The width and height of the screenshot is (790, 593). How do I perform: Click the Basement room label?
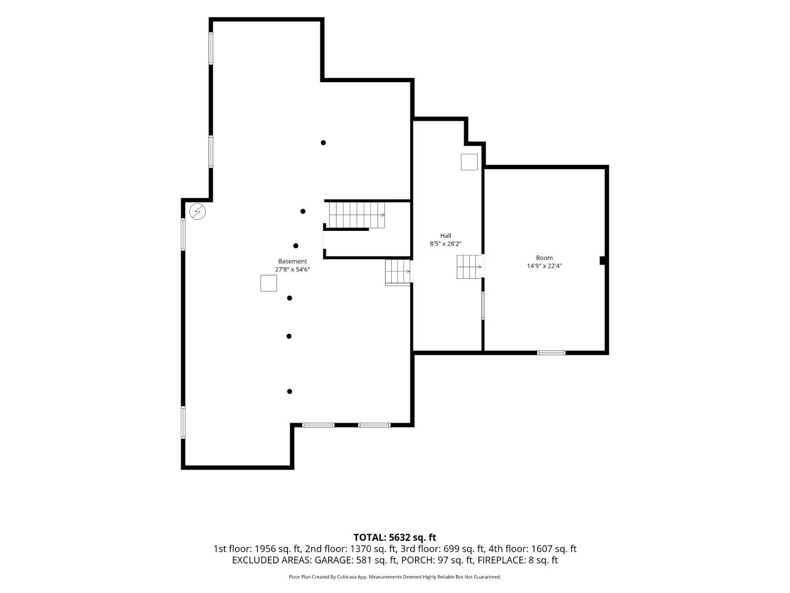pos(292,261)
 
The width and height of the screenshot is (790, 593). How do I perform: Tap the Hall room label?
pos(445,236)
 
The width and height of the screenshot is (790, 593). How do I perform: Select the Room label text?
pos(544,258)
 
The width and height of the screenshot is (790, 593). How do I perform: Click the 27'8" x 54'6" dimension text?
pos(292,269)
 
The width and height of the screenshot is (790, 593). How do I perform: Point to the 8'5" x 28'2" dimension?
pos(445,244)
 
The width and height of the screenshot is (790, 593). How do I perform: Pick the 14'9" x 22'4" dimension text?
pos(544,266)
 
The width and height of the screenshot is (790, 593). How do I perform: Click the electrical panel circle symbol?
pos(197,212)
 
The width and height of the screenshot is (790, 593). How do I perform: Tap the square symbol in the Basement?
pos(269,283)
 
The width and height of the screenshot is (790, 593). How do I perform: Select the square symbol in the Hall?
pos(469,162)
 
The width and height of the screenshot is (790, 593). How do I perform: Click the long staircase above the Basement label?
pos(357,215)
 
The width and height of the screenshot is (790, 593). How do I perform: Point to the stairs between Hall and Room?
pos(469,267)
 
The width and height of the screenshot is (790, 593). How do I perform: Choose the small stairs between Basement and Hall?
pos(398,272)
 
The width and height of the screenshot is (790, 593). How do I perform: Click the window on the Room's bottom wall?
pos(551,353)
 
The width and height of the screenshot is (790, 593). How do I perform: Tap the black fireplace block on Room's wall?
pos(602,261)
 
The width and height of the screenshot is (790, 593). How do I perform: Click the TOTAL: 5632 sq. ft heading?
pos(395,538)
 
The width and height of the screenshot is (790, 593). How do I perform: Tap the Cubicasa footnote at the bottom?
pos(395,577)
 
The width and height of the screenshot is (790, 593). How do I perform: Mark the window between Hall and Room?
pos(482,305)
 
